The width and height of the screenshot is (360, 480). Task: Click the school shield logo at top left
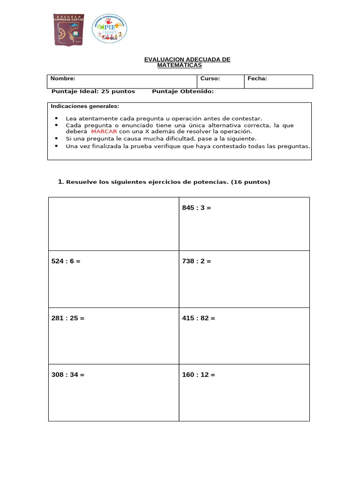coord(69,30)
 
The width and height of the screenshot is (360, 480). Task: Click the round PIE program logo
coord(109,29)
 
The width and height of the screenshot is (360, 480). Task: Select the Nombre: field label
coord(63,79)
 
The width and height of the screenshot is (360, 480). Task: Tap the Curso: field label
coord(210,79)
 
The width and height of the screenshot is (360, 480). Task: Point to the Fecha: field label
coord(257,79)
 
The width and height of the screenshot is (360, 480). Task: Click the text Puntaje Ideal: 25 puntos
coord(93,91)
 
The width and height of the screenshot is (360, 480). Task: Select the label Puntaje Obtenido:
coord(183,91)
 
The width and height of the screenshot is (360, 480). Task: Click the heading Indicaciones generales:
coord(85,106)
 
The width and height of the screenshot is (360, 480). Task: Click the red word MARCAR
coord(104,132)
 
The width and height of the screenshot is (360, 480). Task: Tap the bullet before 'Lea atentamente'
coord(56,119)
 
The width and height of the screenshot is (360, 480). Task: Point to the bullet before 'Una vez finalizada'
coord(56,146)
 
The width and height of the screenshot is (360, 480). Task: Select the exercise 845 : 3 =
coord(196,208)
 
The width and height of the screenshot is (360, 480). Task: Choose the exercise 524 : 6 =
coord(66,261)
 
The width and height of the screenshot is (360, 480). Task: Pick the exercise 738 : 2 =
coord(196,261)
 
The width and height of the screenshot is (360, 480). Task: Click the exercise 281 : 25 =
coord(67,318)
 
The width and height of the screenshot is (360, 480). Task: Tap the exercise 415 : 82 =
coord(198,318)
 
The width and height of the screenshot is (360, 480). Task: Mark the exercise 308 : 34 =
coord(67,375)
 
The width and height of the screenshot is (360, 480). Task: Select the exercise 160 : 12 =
coord(198,375)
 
